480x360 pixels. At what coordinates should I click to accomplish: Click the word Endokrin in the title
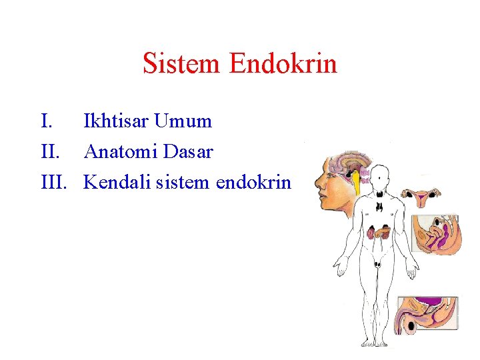pos(283,64)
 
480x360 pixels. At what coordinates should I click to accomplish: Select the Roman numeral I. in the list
pos(46,121)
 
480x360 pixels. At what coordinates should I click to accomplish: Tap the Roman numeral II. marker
pos(51,152)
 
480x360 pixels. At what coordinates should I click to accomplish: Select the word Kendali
pos(116,182)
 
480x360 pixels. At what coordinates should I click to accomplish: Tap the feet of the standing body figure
pos(377,343)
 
